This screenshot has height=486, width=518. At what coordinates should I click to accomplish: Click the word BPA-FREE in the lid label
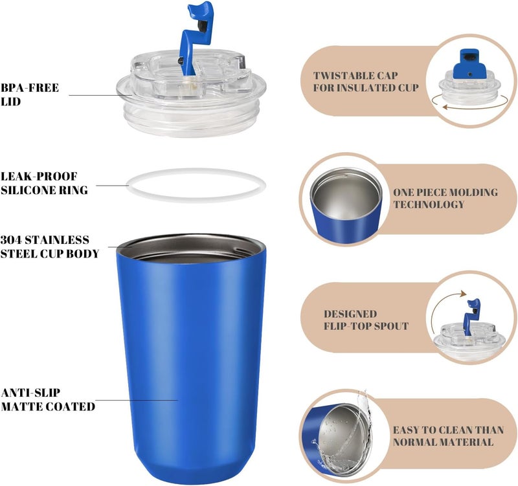[30, 88]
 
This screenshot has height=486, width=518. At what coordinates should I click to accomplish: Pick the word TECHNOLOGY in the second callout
[429, 204]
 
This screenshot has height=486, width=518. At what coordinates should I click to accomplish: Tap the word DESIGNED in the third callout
[350, 314]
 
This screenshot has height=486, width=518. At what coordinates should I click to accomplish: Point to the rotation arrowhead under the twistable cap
[445, 107]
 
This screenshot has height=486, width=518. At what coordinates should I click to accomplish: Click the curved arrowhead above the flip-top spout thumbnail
[464, 294]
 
